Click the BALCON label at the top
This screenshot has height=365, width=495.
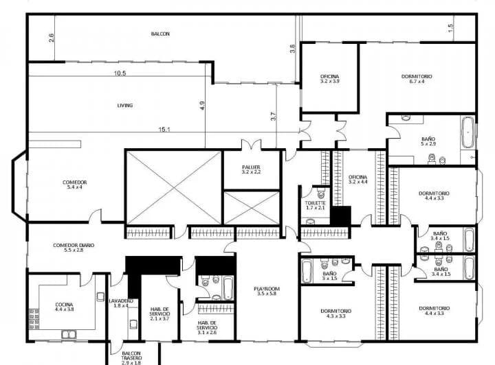160,34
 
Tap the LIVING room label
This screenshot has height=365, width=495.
124,105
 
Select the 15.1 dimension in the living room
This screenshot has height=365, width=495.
163,129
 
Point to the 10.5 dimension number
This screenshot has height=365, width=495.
120,73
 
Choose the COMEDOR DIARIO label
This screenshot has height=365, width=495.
74,248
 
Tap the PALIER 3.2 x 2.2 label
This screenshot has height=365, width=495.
250,169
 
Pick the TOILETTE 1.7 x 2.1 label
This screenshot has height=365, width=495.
315,206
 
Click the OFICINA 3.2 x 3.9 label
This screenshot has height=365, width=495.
329,78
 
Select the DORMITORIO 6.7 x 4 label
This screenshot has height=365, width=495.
417,78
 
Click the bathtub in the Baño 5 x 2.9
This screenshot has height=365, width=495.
467,132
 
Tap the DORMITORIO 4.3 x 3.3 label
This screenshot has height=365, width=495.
336,313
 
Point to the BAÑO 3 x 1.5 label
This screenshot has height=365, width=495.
329,276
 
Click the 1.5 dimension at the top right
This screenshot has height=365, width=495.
450,27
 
